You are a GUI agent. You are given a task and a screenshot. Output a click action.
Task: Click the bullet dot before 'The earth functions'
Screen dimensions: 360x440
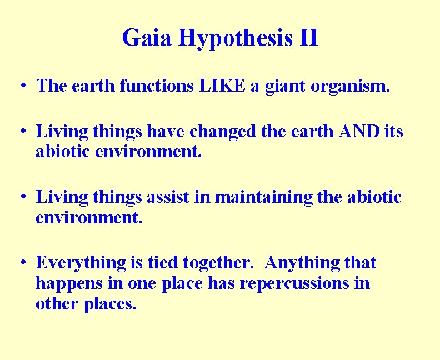click(21, 87)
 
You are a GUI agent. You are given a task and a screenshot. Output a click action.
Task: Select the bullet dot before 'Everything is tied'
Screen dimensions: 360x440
click(21, 263)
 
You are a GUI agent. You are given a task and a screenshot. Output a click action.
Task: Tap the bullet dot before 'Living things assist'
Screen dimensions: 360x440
click(21, 197)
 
